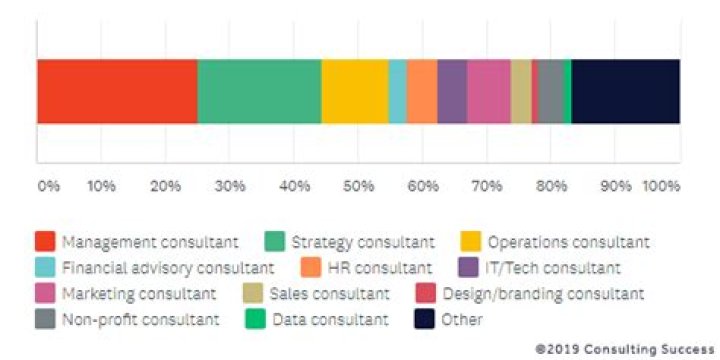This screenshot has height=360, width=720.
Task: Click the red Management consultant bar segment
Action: click(x=117, y=91)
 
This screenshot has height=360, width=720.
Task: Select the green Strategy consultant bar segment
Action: click(x=259, y=91)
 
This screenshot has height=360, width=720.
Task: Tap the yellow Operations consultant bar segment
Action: click(x=355, y=91)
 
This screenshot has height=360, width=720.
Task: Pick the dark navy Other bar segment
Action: click(x=626, y=91)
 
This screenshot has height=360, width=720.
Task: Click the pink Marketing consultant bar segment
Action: click(x=489, y=91)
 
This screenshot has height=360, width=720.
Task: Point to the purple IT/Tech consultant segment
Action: click(x=452, y=91)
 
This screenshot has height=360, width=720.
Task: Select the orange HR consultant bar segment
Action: click(x=422, y=91)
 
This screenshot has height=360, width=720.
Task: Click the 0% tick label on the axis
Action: click(x=48, y=186)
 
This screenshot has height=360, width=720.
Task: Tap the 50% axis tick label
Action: click(x=358, y=186)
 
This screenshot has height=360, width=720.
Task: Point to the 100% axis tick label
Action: click(x=661, y=186)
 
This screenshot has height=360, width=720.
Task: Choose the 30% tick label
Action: click(x=229, y=186)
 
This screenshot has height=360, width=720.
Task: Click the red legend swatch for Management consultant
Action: click(x=45, y=242)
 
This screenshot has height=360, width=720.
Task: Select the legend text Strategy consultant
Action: click(x=363, y=242)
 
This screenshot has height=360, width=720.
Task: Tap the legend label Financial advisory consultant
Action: click(x=167, y=268)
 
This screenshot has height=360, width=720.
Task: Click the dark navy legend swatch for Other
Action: click(x=424, y=320)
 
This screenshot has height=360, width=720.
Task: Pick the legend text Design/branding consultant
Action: click(x=543, y=294)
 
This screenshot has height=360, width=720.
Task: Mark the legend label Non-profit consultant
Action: click(x=140, y=320)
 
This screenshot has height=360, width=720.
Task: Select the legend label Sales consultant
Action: click(x=330, y=294)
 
